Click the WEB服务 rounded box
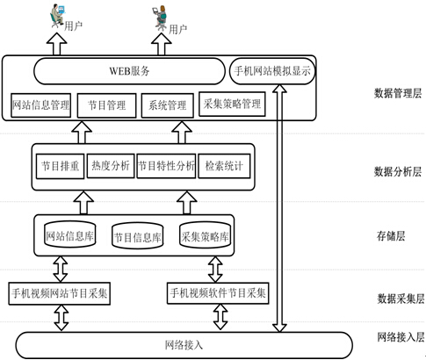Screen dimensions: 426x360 (x=129, y=71)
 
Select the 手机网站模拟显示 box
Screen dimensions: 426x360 (x=272, y=71)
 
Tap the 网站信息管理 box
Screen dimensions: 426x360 (x=40, y=105)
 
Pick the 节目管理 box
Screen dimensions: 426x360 (x=106, y=105)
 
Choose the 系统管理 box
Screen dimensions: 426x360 (x=167, y=105)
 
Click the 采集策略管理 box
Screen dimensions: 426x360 (x=232, y=104)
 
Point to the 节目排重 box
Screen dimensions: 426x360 (x=60, y=166)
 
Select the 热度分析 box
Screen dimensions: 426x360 (x=111, y=166)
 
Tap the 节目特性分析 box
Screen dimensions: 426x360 (x=166, y=166)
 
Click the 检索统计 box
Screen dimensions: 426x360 (x=224, y=166)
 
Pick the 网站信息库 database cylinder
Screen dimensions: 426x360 (x=70, y=234)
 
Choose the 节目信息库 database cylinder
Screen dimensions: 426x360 (x=138, y=236)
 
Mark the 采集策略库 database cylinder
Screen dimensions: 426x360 (x=205, y=235)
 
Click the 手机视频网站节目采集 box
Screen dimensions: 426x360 (x=60, y=293)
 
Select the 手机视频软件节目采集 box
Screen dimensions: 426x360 (x=218, y=292)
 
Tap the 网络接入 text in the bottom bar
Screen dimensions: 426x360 (x=184, y=345)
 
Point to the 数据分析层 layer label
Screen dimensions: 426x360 (x=398, y=172)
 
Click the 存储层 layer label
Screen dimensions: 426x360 (x=391, y=236)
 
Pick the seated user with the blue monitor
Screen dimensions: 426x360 (x=57, y=16)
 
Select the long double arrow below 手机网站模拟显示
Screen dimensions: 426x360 (x=279, y=208)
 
